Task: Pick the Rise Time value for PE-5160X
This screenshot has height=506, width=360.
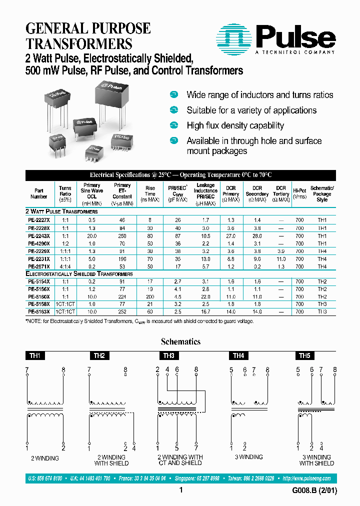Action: coord(150,296)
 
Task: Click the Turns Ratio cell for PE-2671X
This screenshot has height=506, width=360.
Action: coord(65,266)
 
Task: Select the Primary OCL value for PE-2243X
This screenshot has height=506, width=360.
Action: coord(92,235)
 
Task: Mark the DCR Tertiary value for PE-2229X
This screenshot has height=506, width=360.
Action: coord(281,251)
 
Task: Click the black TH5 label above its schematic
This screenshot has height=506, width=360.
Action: coord(304,356)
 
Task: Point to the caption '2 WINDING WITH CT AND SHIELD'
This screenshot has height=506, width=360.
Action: coord(180,460)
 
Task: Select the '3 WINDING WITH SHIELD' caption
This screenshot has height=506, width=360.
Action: coord(316,460)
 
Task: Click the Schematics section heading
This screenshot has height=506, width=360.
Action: coord(180,342)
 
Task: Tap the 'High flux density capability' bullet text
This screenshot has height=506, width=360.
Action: coord(235,125)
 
